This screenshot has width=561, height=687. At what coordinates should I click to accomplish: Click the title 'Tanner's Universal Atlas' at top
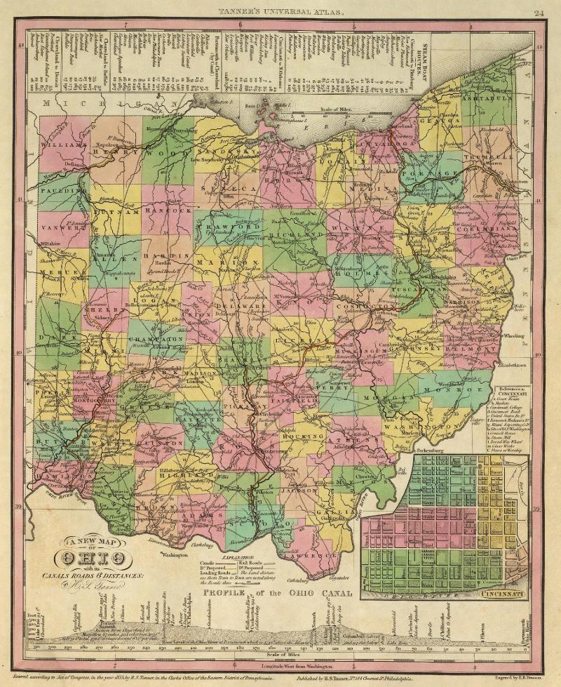pos(280,12)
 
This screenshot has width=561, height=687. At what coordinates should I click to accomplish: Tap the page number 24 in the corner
pos(539,12)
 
